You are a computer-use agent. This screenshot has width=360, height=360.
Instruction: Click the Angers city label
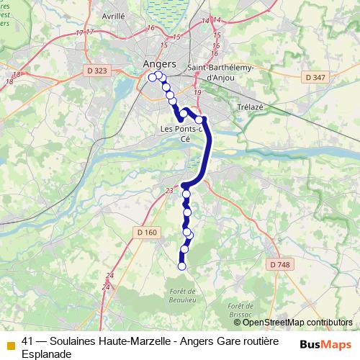(159, 64)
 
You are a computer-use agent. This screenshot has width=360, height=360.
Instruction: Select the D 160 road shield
(146, 232)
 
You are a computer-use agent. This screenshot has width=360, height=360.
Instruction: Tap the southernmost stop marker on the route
(181, 266)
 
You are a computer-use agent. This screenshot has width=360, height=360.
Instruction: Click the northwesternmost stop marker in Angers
(152, 78)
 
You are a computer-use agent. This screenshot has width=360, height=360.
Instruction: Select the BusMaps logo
(325, 343)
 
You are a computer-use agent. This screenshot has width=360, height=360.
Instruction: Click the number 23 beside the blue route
(169, 190)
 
